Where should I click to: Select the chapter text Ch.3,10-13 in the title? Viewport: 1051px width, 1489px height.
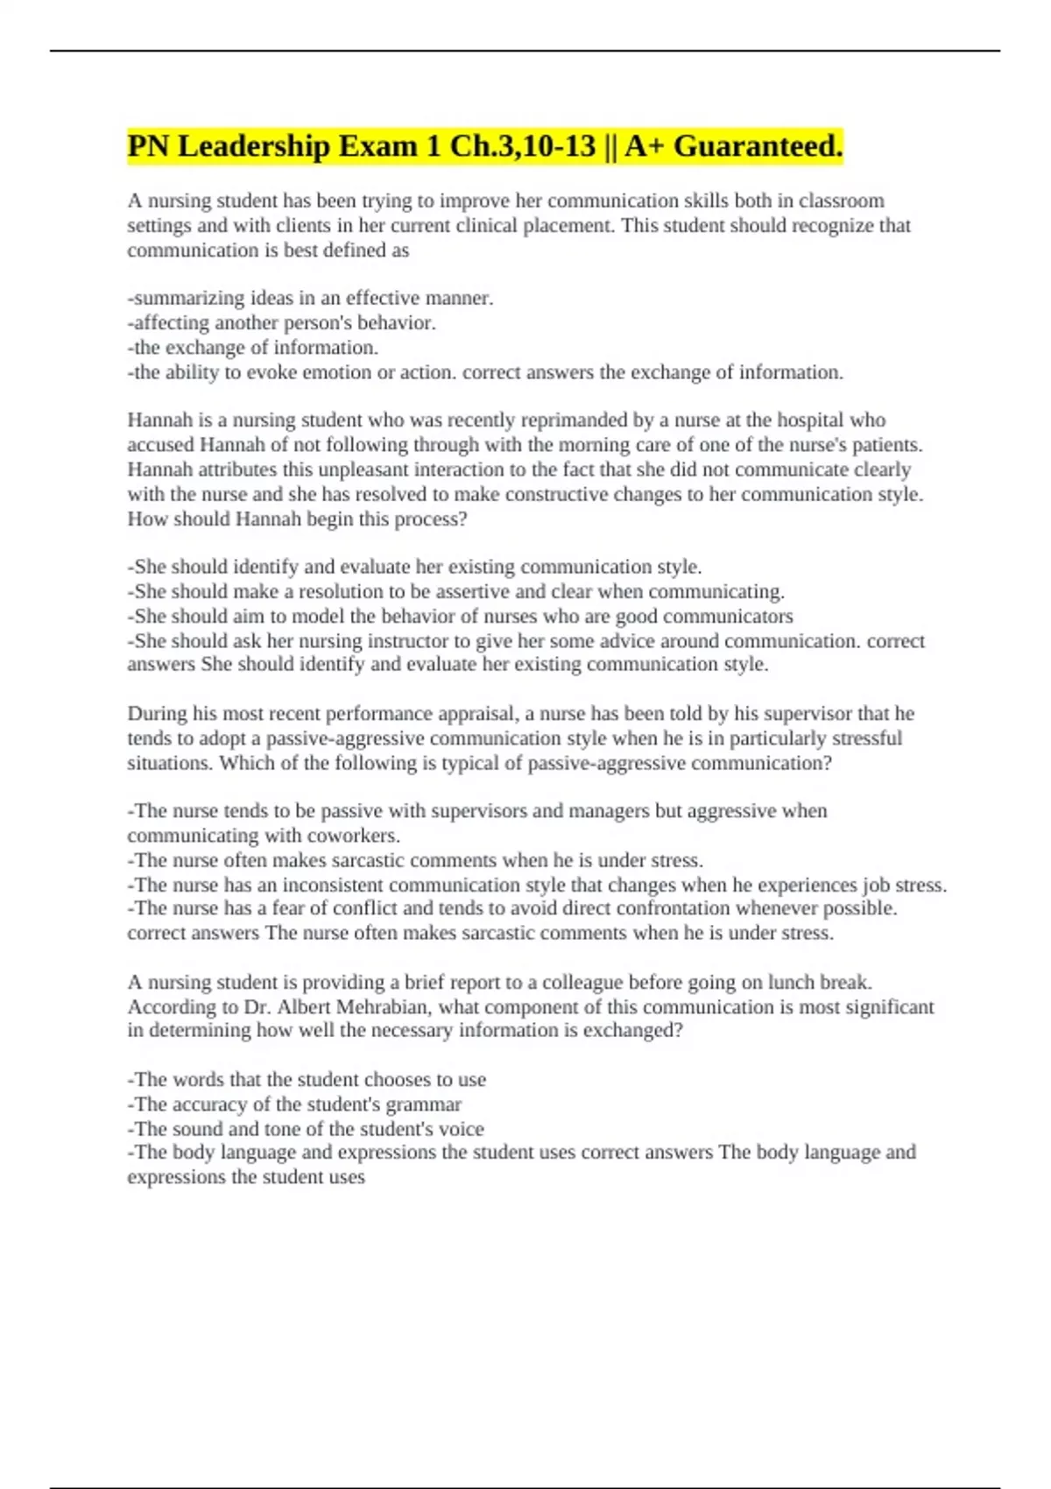[x=522, y=146]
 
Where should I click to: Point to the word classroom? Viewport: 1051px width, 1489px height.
[x=841, y=201]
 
